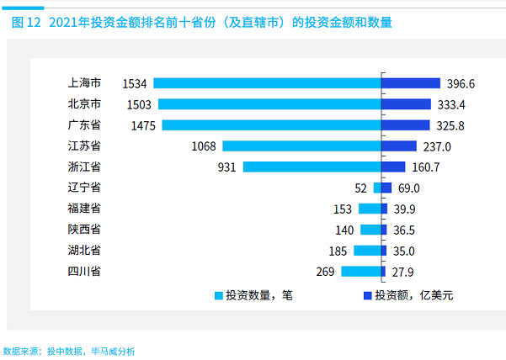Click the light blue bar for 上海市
[267, 83]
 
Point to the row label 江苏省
[84, 146]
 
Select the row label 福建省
[84, 209]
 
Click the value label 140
[345, 230]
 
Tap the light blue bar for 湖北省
[367, 251]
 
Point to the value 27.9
[403, 271]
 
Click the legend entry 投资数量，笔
[257, 296]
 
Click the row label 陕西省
[84, 230]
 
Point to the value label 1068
[205, 146]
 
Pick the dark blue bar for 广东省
[409, 125]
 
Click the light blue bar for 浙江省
[312, 167]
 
